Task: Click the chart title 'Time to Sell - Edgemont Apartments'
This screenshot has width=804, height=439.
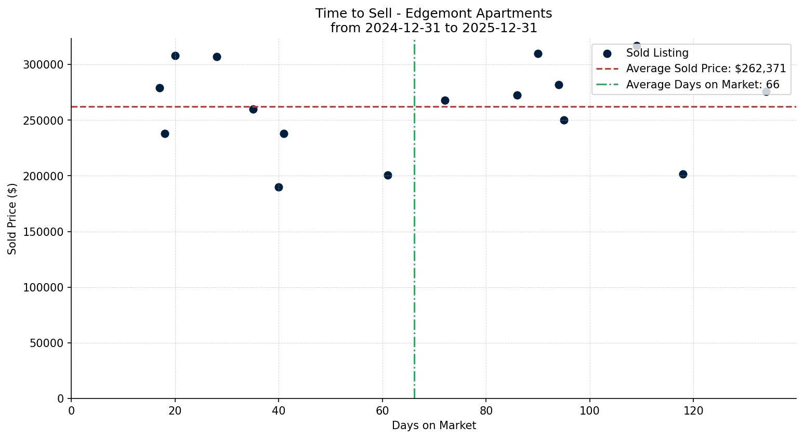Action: tap(433, 14)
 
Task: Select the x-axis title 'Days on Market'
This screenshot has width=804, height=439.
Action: tap(433, 425)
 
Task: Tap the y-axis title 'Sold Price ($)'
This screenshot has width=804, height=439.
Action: tap(12, 218)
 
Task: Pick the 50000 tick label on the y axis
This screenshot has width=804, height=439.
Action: tap(46, 343)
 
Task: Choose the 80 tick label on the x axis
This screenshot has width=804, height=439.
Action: tap(486, 411)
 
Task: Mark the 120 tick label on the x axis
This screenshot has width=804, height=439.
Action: tap(693, 411)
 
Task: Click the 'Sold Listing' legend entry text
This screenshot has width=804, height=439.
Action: tap(657, 53)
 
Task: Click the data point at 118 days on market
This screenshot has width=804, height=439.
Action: tap(683, 174)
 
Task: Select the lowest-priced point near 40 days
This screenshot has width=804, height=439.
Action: tap(279, 187)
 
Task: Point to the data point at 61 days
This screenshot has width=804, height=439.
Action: tap(388, 175)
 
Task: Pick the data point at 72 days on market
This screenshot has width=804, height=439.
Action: tap(445, 100)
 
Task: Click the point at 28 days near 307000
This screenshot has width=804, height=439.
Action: tap(217, 57)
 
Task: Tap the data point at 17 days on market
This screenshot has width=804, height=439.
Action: tap(160, 88)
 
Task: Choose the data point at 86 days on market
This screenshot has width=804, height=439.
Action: tap(517, 95)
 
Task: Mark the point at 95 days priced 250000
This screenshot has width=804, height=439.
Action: tap(564, 120)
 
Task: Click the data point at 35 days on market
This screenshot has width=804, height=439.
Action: tap(253, 109)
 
